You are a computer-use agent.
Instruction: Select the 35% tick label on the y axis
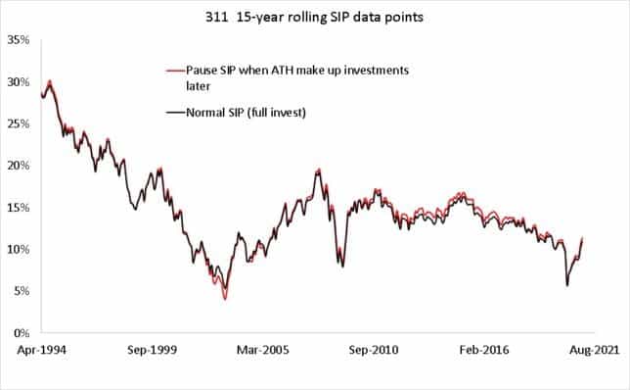(x=18, y=40)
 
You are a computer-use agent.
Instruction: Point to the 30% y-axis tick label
(x=18, y=82)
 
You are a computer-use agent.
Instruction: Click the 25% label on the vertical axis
(x=18, y=123)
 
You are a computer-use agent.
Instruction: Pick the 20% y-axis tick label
(x=18, y=166)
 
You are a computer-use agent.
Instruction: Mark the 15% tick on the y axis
(x=18, y=208)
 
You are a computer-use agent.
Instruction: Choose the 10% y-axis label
(x=18, y=250)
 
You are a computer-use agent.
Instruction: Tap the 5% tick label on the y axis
(x=21, y=291)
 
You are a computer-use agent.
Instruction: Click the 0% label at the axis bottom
(x=21, y=333)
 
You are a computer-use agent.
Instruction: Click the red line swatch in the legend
(x=177, y=71)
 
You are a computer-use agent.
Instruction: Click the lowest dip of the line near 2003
(x=225, y=298)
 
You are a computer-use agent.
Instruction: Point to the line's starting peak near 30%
(x=49, y=81)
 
